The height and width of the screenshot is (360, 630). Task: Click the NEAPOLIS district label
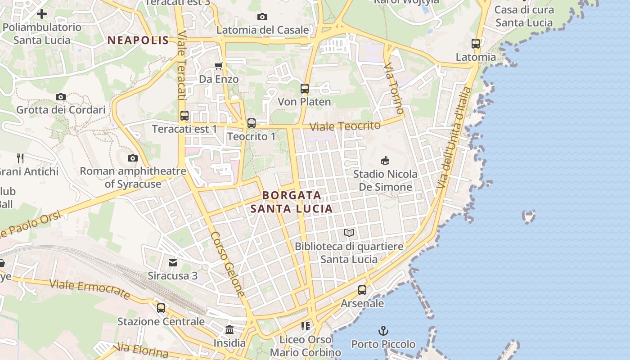click(138, 40)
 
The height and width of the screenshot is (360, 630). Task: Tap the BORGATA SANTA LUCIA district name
click(292, 202)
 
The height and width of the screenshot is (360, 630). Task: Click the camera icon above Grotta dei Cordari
click(61, 97)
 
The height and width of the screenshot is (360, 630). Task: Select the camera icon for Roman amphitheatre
click(132, 158)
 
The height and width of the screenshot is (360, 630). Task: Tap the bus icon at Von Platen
click(305, 89)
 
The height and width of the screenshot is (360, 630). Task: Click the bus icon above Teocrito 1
click(252, 123)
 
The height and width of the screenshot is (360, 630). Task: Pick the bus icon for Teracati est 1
click(184, 116)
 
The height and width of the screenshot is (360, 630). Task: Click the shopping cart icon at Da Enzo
click(219, 66)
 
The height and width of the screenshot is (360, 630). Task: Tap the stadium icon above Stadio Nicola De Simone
click(385, 160)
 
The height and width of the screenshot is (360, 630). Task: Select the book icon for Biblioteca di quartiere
click(349, 233)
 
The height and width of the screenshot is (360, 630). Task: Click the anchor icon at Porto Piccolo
click(383, 331)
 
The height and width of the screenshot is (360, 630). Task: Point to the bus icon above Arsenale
click(362, 290)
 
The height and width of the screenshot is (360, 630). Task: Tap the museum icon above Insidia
click(229, 329)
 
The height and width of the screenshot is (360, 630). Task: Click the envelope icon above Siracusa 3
click(173, 262)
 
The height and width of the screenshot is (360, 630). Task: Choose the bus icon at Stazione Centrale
click(161, 308)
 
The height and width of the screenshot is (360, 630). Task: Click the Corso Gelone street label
click(228, 264)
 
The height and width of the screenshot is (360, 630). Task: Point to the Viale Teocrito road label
click(345, 126)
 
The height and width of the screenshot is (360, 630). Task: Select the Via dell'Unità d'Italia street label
click(454, 137)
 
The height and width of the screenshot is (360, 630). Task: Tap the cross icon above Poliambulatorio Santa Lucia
click(42, 14)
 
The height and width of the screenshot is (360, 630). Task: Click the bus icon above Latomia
click(476, 44)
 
